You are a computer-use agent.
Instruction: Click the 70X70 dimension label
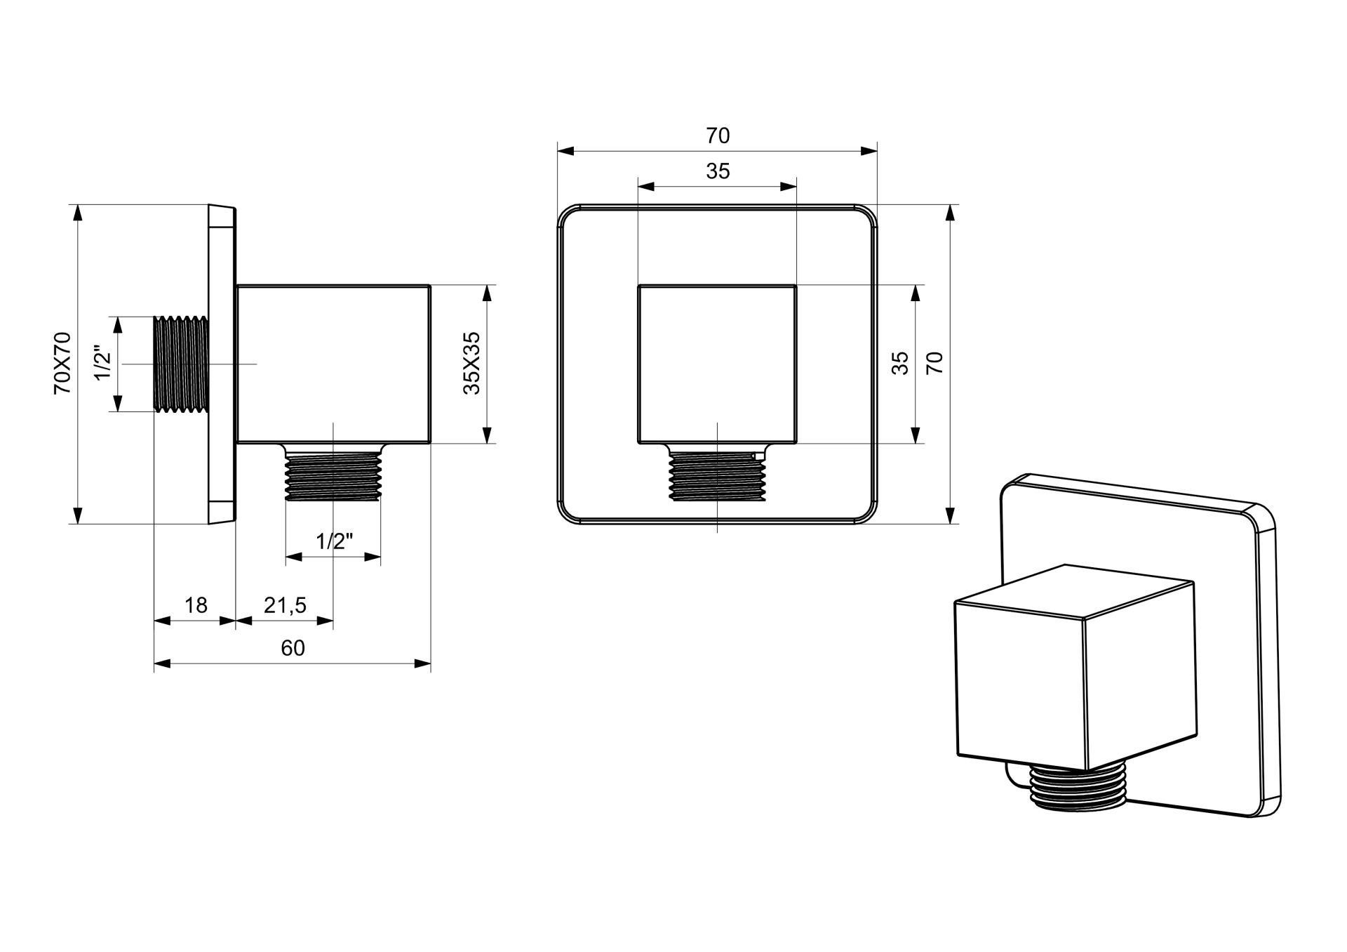(63, 363)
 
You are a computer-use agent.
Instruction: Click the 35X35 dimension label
(472, 363)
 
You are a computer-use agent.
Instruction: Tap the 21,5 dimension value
(285, 604)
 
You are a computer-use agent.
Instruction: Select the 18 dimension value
(196, 604)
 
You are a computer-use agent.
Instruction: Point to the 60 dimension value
(293, 647)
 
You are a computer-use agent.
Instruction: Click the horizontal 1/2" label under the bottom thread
(334, 541)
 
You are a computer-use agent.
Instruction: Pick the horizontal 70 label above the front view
(718, 135)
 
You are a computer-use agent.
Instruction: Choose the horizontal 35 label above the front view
(718, 171)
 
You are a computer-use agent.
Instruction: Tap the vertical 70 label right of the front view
(935, 363)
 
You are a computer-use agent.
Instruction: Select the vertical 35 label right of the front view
(900, 363)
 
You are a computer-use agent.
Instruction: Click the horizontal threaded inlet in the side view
(180, 364)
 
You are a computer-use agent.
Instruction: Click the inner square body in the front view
(717, 364)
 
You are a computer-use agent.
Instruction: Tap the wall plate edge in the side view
(222, 364)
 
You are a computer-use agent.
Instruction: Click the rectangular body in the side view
(333, 364)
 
